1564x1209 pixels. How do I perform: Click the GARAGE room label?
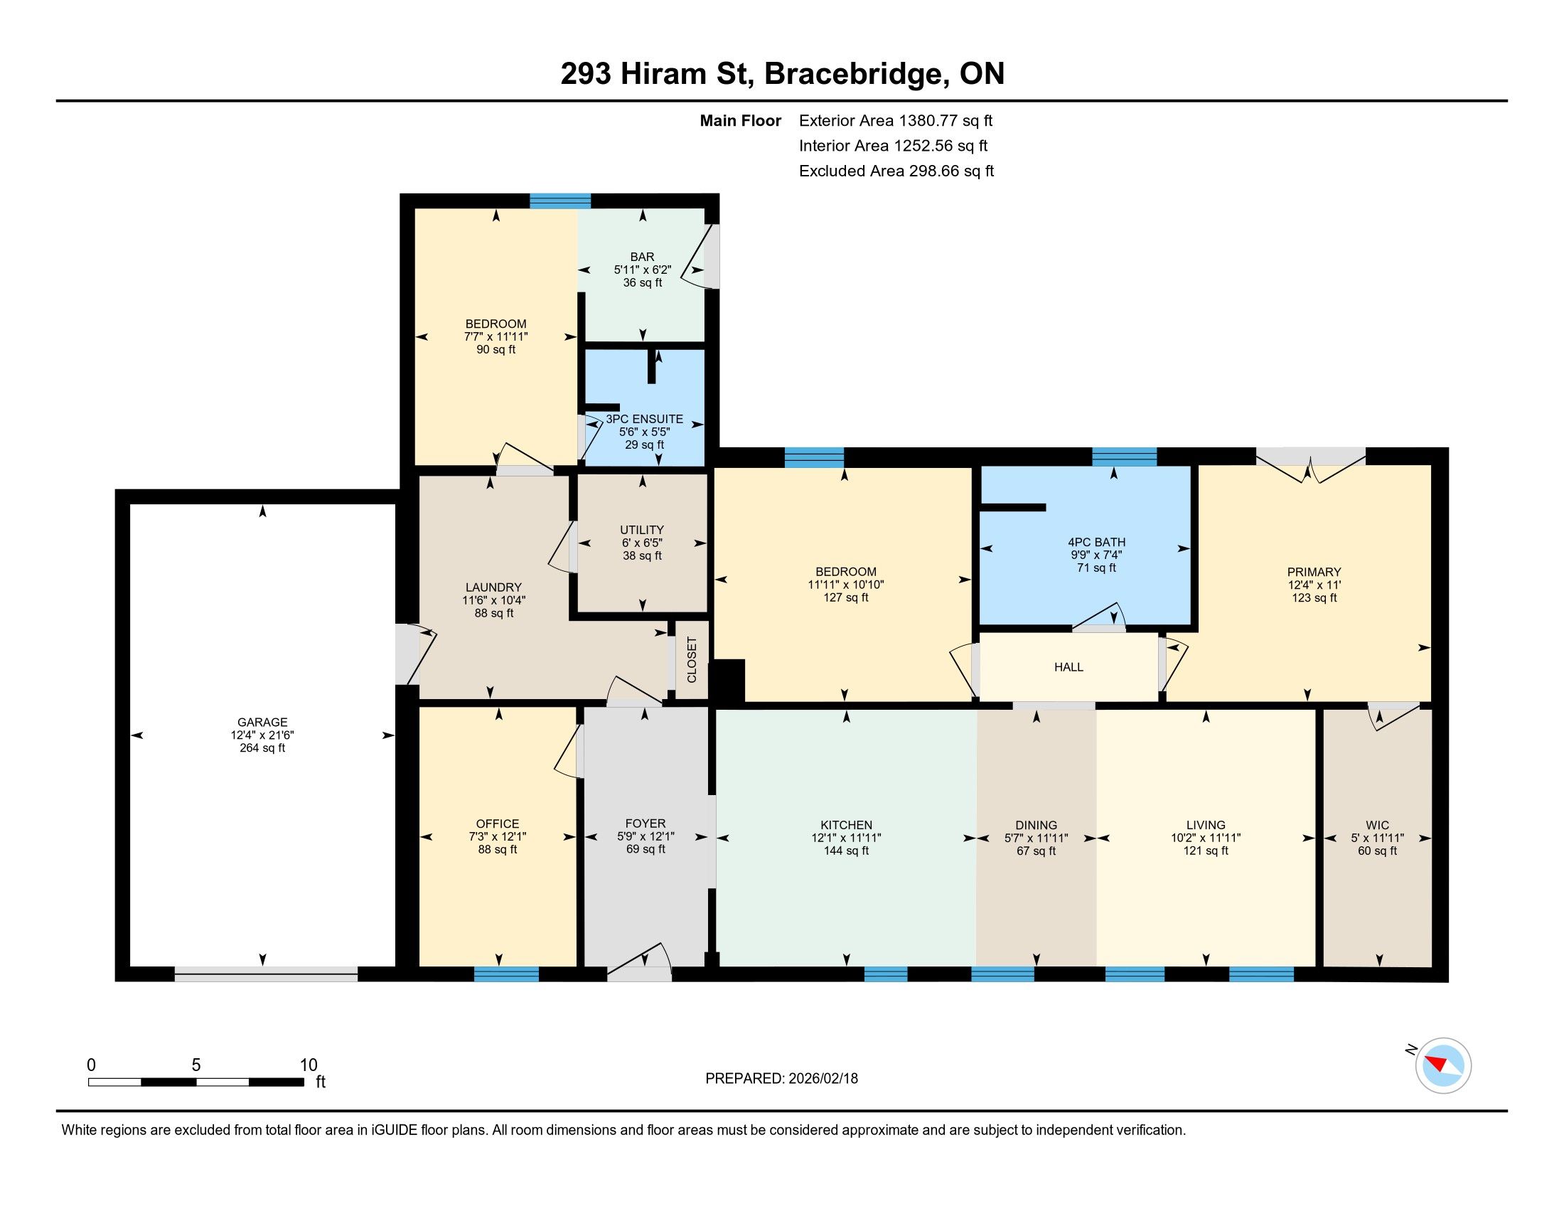click(x=262, y=722)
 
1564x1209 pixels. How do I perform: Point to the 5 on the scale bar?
click(x=195, y=1065)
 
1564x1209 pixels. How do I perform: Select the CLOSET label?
click(x=692, y=659)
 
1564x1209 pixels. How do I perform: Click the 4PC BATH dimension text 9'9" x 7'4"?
click(x=1096, y=555)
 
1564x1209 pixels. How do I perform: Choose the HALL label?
click(x=1068, y=667)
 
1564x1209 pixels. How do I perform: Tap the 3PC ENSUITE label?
click(x=645, y=419)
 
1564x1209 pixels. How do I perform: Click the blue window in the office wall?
click(x=506, y=974)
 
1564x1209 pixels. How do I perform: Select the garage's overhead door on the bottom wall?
click(x=266, y=974)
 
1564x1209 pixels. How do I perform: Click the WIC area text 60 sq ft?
click(x=1377, y=851)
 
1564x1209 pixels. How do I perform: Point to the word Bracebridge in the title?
click(x=853, y=74)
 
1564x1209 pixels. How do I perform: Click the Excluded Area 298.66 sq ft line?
click(x=896, y=171)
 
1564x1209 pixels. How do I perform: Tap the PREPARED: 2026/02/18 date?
click(x=781, y=1079)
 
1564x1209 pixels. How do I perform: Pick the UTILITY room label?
click(x=642, y=530)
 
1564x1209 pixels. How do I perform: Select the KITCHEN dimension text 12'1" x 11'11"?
click(x=846, y=838)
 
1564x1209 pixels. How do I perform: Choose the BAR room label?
click(x=643, y=257)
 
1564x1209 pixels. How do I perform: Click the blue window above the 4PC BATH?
click(x=1125, y=457)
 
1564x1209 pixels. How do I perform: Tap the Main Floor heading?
click(x=741, y=121)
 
